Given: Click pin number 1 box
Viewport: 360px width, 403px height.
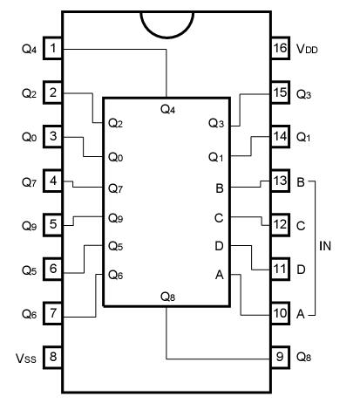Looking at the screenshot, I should [x=54, y=48].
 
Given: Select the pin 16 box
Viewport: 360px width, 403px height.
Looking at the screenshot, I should [x=280, y=48].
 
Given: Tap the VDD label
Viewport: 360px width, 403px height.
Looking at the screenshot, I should [x=308, y=49].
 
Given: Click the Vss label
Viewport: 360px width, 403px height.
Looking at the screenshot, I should [x=29, y=357].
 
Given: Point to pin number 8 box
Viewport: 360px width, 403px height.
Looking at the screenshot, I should [x=54, y=356].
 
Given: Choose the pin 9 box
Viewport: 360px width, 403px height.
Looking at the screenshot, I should [x=280, y=356].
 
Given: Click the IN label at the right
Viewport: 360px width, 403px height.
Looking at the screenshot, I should [x=325, y=247].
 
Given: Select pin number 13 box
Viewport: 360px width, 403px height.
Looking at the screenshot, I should [x=280, y=181].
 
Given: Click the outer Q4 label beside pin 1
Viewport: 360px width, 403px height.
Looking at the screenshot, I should [x=29, y=49].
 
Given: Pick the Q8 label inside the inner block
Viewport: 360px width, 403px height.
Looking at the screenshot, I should [x=168, y=295].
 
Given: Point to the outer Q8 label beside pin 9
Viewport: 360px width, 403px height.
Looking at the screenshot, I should [x=305, y=357].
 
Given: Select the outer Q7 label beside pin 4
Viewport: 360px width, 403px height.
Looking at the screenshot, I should [x=29, y=181].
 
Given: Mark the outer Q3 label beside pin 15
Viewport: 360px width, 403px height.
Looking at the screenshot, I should [x=305, y=92].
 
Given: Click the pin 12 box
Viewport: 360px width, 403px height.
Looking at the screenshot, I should [x=280, y=225].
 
